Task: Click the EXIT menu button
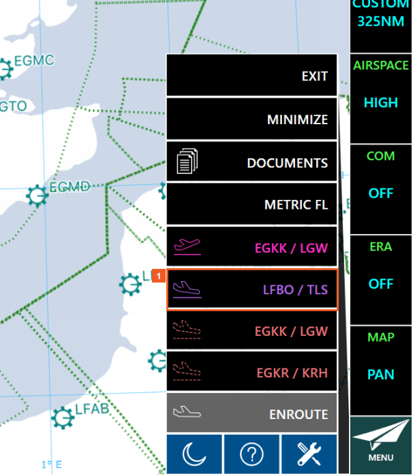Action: click(x=252, y=76)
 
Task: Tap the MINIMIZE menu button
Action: click(x=252, y=119)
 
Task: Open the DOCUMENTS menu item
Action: click(x=252, y=163)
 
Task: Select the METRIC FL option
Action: click(x=252, y=205)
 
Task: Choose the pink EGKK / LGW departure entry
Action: click(x=252, y=248)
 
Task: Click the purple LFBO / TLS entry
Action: click(x=252, y=289)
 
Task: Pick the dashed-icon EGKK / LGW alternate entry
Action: click(x=252, y=331)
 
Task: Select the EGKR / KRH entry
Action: click(x=252, y=373)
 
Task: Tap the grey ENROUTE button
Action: click(x=252, y=414)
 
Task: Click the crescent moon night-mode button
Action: click(x=194, y=453)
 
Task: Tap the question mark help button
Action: click(x=251, y=453)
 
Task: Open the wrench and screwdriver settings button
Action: click(x=309, y=453)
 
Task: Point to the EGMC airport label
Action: click(x=36, y=61)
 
